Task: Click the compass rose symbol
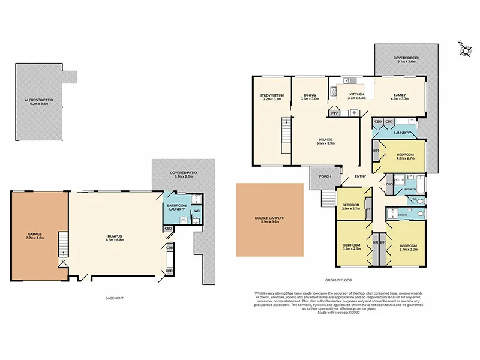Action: click(464, 48)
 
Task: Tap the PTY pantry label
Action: click(334, 112)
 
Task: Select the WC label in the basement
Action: click(197, 211)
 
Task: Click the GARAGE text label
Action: click(34, 235)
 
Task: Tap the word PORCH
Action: click(325, 176)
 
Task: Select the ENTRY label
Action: click(360, 176)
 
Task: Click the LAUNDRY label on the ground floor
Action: click(402, 133)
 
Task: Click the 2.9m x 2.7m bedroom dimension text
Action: click(350, 209)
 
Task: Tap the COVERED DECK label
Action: click(406, 58)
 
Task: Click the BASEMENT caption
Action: click(114, 298)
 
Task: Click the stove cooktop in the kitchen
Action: click(355, 112)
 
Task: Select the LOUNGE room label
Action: click(326, 140)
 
